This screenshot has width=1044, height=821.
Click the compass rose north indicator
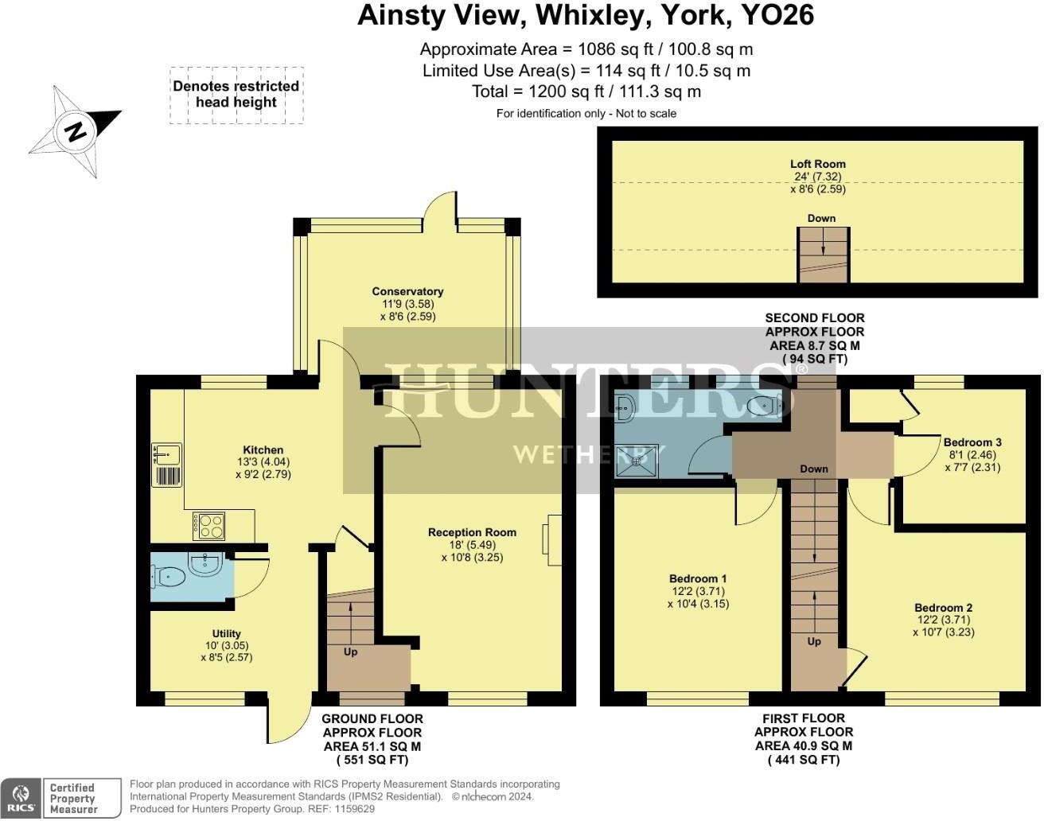[x=76, y=131]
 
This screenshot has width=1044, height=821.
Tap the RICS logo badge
[x=21, y=798]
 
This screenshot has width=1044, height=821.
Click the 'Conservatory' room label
[x=407, y=292]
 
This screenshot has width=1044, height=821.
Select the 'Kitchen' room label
[x=263, y=450]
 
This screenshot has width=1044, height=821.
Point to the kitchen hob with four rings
[x=209, y=527]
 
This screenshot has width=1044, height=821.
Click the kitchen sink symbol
[x=166, y=455]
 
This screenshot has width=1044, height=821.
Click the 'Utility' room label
[x=226, y=634]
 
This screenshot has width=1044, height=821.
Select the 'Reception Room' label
[x=472, y=533]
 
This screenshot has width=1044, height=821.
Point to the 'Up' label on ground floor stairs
[x=350, y=652]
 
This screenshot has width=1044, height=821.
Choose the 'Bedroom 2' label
[x=943, y=608]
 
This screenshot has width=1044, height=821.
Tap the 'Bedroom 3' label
[x=972, y=442]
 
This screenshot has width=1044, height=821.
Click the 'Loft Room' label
[x=818, y=165]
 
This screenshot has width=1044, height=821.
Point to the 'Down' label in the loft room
[x=821, y=219]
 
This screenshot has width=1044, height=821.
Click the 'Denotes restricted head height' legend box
[x=236, y=95]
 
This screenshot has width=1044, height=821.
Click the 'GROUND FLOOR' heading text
[x=372, y=719]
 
